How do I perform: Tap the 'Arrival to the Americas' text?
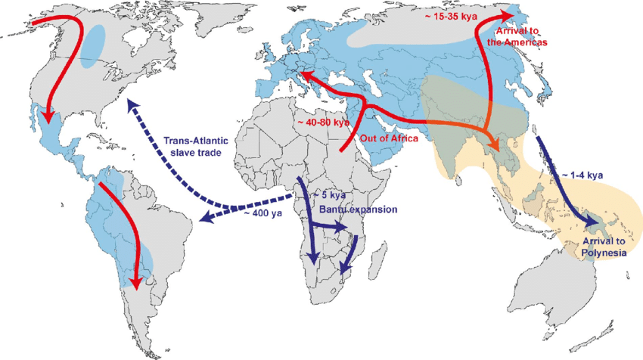pos(522,36)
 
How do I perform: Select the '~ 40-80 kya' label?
pos(323,122)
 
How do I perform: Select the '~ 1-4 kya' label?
pos(582,175)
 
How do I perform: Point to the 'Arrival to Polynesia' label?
pos(604,247)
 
